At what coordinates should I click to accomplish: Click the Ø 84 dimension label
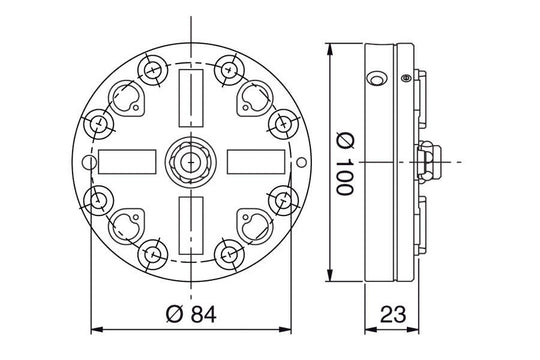point(189,314)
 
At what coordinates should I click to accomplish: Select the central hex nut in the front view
point(190,160)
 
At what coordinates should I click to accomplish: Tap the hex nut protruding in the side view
point(428,160)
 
